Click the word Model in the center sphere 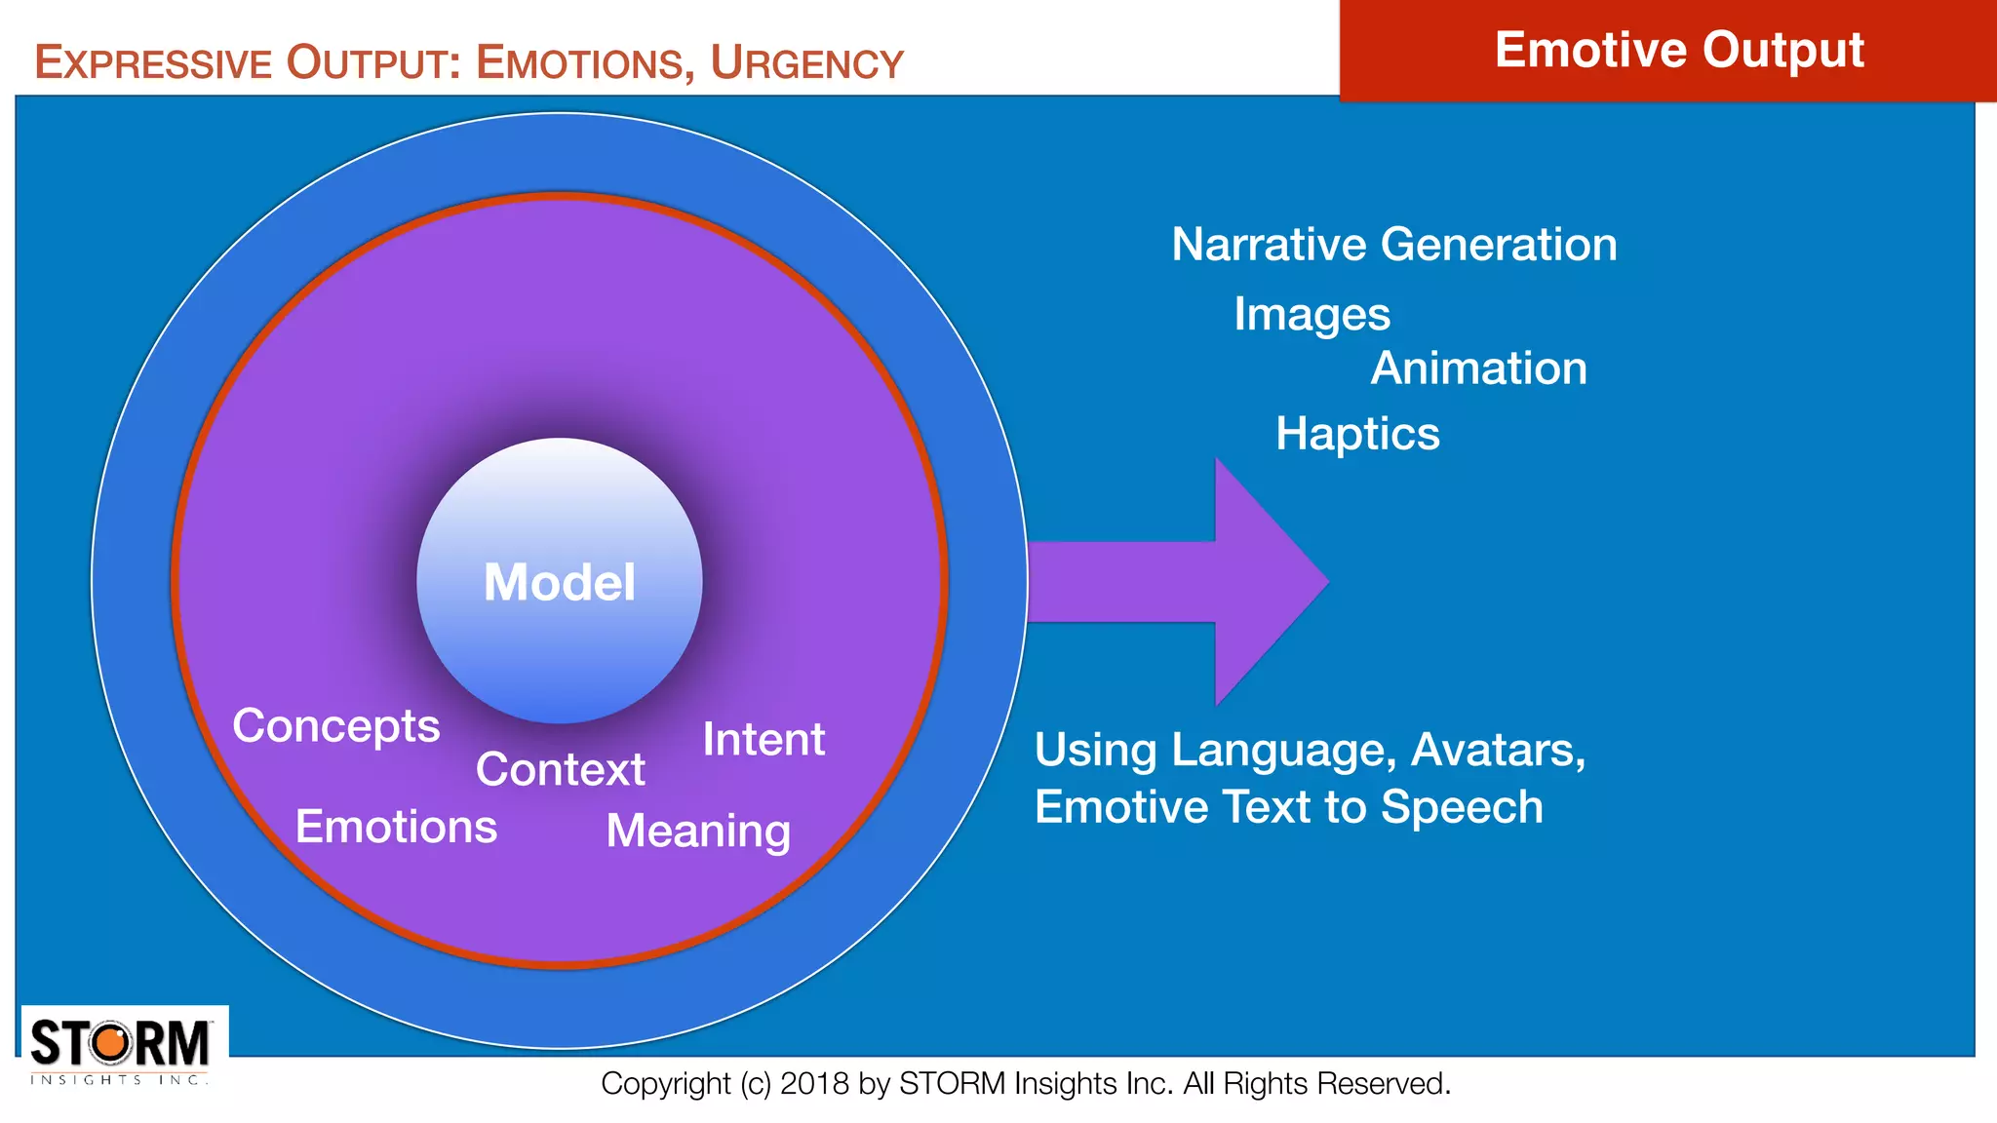559,582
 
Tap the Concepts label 336,726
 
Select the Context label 560,769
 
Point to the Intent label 764,739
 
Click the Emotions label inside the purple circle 396,827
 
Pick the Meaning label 698,832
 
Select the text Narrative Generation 1393,244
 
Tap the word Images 1312,314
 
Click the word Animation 1478,368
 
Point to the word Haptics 1357,434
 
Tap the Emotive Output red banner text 1678,50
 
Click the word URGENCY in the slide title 806,63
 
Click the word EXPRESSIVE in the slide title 153,63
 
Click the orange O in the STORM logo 112,1043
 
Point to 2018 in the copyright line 814,1084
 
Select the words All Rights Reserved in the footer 1316,1084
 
